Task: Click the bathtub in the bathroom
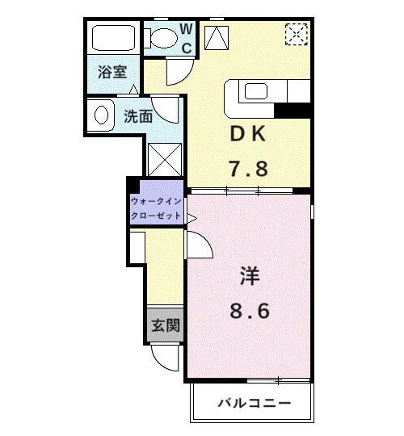click(x=113, y=39)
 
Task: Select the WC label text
click(x=186, y=38)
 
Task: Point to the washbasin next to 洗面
click(x=102, y=114)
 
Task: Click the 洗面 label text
click(x=138, y=116)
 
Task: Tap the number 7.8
click(x=247, y=170)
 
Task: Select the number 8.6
click(x=247, y=311)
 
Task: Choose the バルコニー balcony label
click(x=252, y=403)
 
